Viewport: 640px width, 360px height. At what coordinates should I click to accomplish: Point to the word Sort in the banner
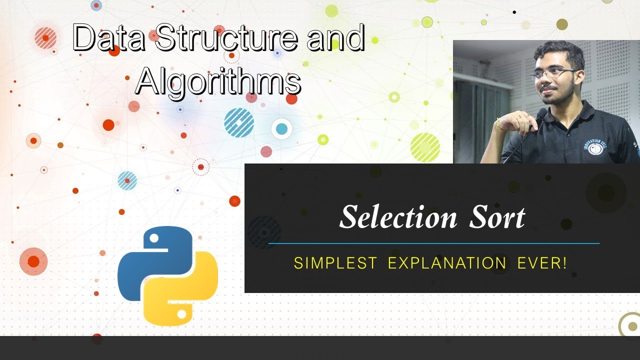[x=497, y=217]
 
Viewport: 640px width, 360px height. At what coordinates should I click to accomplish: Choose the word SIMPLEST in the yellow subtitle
[x=335, y=263]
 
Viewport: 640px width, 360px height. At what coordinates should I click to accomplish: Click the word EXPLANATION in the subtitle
[x=447, y=263]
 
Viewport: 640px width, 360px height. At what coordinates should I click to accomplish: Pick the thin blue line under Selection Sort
[x=433, y=243]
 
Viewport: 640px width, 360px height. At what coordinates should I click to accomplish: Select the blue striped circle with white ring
[x=239, y=122]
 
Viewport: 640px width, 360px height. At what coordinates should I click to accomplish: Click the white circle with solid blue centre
[x=281, y=129]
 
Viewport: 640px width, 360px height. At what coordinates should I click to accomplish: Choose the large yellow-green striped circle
[x=425, y=147]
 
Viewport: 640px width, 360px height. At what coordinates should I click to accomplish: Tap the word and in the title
[x=335, y=38]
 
